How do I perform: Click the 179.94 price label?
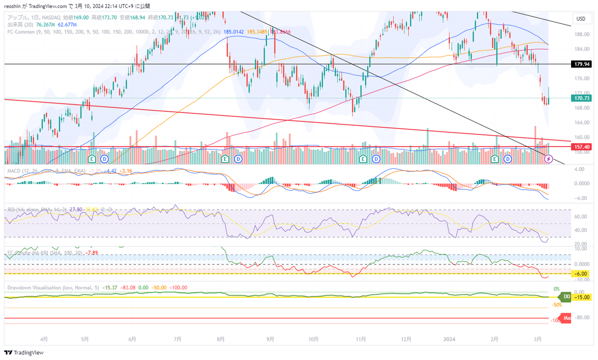tap(581, 64)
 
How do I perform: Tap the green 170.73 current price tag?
tap(581, 99)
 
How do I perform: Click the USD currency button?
tap(581, 19)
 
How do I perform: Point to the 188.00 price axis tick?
tap(582, 34)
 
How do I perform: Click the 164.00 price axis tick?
tap(582, 122)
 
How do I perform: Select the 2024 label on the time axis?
tap(449, 339)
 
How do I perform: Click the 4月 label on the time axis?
tap(44, 339)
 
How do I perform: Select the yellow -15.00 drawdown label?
tap(582, 297)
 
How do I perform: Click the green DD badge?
tap(566, 297)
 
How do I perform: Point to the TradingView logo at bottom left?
tap(25, 353)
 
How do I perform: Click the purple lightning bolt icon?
tap(549, 159)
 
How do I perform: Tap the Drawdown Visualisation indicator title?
tap(40, 288)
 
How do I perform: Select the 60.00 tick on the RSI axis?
tap(579, 217)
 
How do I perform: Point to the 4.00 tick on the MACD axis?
tap(579, 169)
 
